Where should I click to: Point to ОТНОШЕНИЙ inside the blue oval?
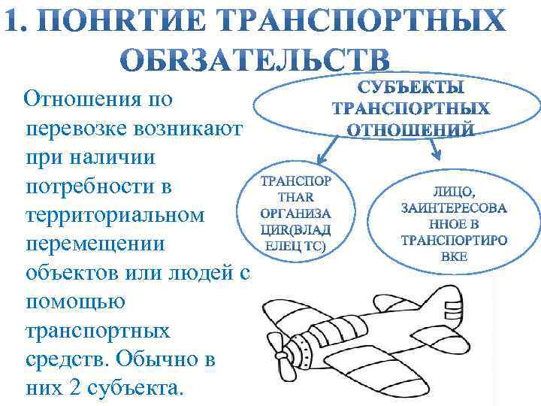(410, 129)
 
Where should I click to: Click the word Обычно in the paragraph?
(150, 359)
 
